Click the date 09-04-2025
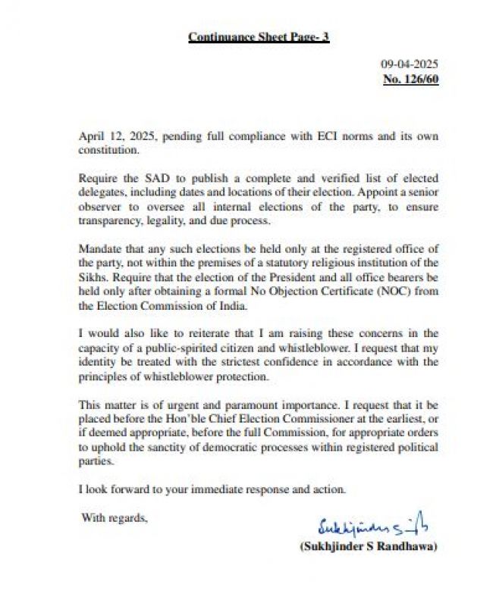click(410, 64)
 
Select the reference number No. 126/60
click(411, 78)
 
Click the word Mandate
click(101, 249)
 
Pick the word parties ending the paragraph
click(96, 460)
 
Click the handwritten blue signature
click(372, 524)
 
